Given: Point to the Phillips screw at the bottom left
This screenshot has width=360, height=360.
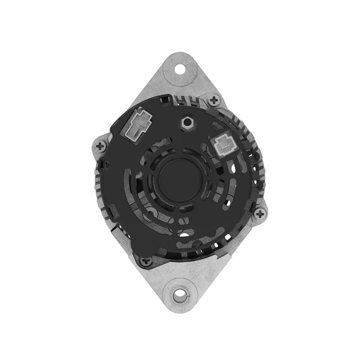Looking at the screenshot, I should pyautogui.click(x=145, y=260).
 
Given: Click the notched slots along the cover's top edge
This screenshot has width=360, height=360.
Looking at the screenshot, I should pyautogui.click(x=189, y=100).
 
